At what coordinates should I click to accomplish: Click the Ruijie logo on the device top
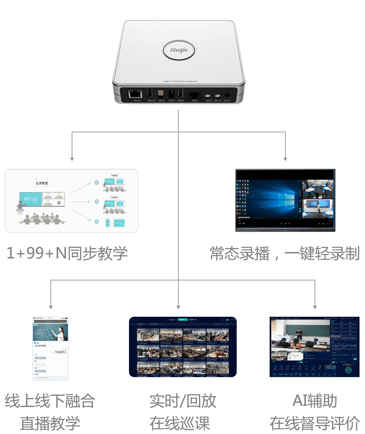point(179,50)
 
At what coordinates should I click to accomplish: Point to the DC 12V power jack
point(227,95)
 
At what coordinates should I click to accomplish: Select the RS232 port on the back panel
point(195,95)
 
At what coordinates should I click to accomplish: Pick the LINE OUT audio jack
point(217,96)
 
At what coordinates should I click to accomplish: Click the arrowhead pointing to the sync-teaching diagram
point(72,159)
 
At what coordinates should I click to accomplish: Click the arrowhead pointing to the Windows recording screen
point(285,159)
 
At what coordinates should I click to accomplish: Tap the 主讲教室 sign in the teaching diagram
point(42,183)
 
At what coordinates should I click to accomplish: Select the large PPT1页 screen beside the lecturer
point(31,199)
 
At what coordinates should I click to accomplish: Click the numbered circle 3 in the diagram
point(97,221)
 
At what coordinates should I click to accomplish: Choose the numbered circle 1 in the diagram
point(97,183)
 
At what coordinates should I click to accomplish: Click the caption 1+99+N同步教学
point(67,253)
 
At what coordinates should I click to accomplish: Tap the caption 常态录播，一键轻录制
point(285,254)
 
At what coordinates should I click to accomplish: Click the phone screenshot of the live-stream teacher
point(50,348)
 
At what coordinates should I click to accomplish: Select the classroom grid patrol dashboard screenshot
point(182,347)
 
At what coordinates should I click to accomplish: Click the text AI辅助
point(315,400)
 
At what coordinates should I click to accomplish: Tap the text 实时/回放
point(182,401)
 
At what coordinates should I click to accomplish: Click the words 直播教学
point(50,423)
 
